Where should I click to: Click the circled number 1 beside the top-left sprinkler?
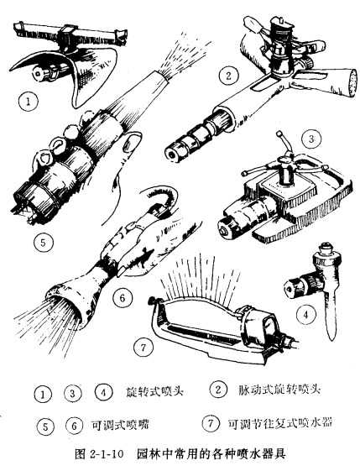pyautogui.click(x=29, y=102)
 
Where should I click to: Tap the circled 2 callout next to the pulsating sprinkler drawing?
pyautogui.click(x=228, y=76)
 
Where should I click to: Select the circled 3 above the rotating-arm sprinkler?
pyautogui.click(x=312, y=139)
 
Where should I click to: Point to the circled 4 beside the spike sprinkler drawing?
pyautogui.click(x=306, y=314)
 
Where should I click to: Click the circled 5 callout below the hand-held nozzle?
pyautogui.click(x=44, y=242)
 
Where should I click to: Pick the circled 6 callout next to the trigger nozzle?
pyautogui.click(x=123, y=298)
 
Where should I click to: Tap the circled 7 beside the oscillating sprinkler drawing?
pyautogui.click(x=143, y=348)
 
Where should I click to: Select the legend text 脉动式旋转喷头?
pyautogui.click(x=279, y=390)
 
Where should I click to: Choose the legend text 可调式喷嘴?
pyautogui.click(x=120, y=425)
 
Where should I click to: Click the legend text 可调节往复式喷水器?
pyautogui.click(x=280, y=423)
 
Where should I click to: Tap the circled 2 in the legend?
pyautogui.click(x=218, y=390)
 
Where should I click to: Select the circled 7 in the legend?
pyautogui.click(x=211, y=423)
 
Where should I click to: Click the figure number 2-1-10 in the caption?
pyautogui.click(x=107, y=454)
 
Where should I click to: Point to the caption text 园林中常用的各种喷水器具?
pyautogui.click(x=211, y=453)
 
